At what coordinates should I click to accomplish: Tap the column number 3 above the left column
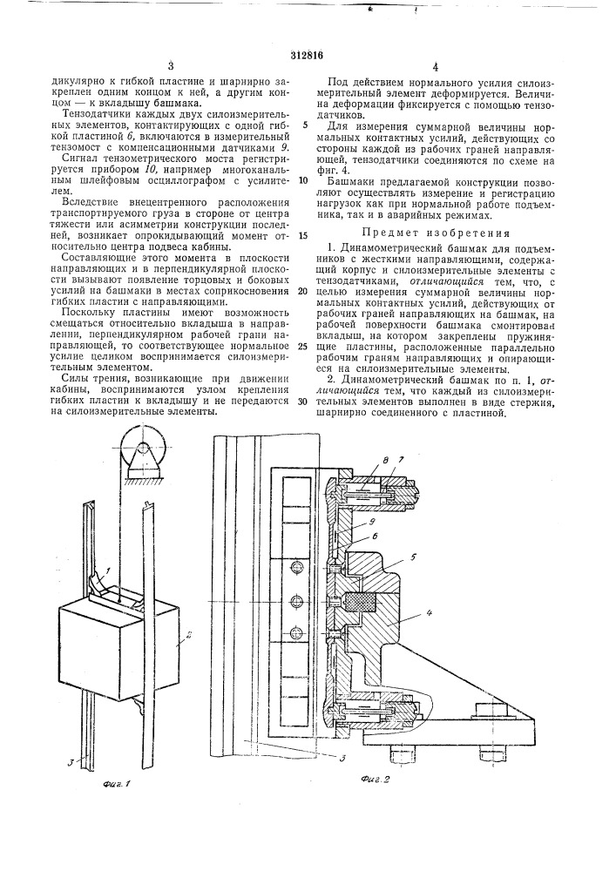click(x=172, y=66)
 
